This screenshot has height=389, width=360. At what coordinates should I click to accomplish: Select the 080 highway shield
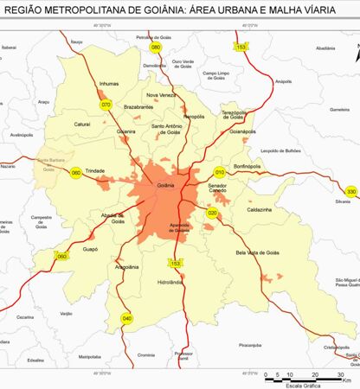pyautogui.click(x=156, y=47)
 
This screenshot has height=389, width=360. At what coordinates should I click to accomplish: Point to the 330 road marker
pyautogui.click(x=350, y=191)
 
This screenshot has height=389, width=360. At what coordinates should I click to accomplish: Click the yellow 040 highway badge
pyautogui.click(x=127, y=318)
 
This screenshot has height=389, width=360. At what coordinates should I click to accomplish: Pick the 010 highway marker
pyautogui.click(x=219, y=171)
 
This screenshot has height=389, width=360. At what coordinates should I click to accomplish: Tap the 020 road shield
pyautogui.click(x=212, y=213)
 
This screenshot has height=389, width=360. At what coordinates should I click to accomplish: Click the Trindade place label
pyautogui.click(x=95, y=171)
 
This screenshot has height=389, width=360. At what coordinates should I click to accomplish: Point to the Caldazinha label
pyautogui.click(x=260, y=210)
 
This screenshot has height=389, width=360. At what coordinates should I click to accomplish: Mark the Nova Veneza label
pyautogui.click(x=161, y=95)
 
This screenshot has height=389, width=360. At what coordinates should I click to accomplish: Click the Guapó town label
pyautogui.click(x=90, y=248)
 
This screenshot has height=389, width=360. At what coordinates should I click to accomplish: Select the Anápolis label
pyautogui.click(x=284, y=82)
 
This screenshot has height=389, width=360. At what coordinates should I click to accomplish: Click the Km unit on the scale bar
pyautogui.click(x=346, y=380)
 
